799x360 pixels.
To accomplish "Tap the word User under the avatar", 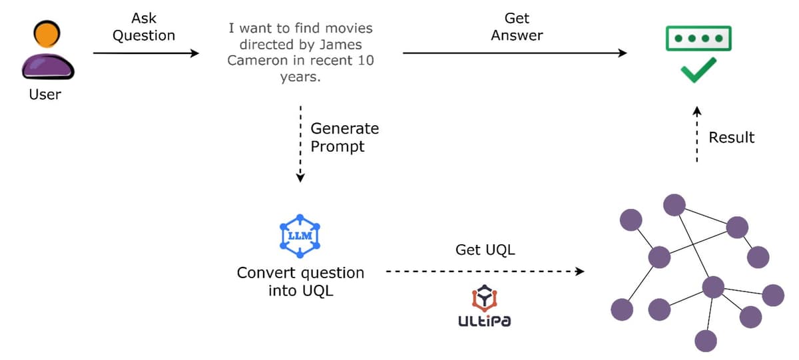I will pyautogui.click(x=45, y=94).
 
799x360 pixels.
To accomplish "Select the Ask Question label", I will pyautogui.click(x=143, y=27).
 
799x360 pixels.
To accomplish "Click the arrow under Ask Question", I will pyautogui.click(x=146, y=53).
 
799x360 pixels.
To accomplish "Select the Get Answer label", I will pyautogui.click(x=517, y=27).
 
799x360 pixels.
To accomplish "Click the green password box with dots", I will pyautogui.click(x=698, y=38).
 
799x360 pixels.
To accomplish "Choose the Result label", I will pyautogui.click(x=731, y=138).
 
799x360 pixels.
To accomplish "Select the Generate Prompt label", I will pyautogui.click(x=344, y=137).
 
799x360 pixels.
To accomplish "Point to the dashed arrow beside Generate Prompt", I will pyautogui.click(x=301, y=143).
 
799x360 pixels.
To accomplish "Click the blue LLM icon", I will pyautogui.click(x=300, y=236).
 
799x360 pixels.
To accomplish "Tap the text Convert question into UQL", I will pyautogui.click(x=300, y=281).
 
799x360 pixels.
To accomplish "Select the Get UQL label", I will pyautogui.click(x=485, y=250).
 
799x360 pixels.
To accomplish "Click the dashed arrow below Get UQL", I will pyautogui.click(x=485, y=271).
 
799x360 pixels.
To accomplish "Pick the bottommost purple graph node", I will pyautogui.click(x=705, y=341).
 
